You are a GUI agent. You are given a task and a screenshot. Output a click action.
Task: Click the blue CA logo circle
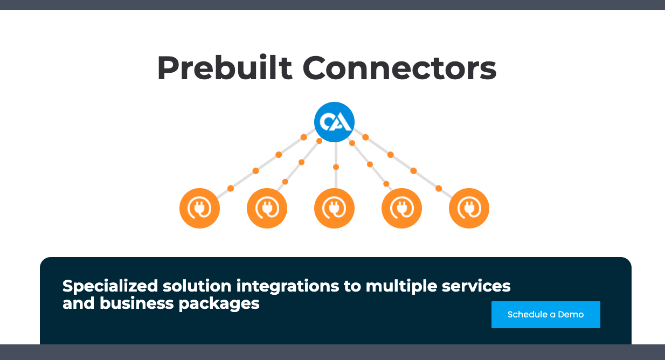[334, 122]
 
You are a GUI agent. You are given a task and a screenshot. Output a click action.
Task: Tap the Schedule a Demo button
[546, 315]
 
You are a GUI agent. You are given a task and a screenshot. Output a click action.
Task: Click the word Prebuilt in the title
[225, 68]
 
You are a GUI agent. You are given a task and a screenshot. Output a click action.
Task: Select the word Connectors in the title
[400, 68]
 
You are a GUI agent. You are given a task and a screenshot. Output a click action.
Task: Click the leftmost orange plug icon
[199, 208]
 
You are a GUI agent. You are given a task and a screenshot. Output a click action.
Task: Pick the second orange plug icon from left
[267, 208]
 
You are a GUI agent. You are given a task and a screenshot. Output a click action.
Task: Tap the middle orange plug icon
[334, 208]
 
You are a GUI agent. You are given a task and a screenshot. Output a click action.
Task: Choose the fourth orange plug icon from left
[401, 208]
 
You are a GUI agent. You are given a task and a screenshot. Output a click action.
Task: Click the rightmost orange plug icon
[469, 208]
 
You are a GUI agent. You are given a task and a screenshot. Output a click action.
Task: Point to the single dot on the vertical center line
[336, 167]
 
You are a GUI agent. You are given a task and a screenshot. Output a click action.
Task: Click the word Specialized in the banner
[110, 287]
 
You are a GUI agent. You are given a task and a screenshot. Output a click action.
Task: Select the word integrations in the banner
[288, 287]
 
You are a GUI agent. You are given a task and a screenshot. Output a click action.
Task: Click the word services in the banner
[476, 286]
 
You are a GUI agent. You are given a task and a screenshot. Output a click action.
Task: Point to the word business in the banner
[136, 303]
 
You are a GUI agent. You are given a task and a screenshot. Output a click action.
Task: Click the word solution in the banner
[197, 286]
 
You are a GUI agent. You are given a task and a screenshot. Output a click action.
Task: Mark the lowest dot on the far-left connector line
[231, 189]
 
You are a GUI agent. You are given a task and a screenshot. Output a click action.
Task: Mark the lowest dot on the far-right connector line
[439, 189]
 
